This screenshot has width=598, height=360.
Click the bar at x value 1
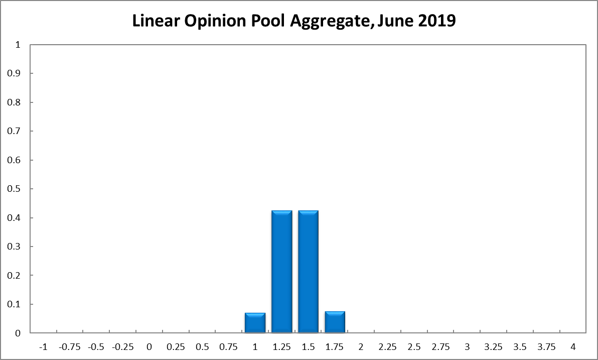pos(255,322)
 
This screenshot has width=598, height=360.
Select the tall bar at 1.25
pos(281,272)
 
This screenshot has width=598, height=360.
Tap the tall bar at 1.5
pos(308,272)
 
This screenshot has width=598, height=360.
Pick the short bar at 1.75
pos(335,322)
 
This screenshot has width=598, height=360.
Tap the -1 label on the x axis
pos(43,347)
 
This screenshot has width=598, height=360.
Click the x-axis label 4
pos(573,347)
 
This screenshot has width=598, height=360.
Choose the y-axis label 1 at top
pos(18,45)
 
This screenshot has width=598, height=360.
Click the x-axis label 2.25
pos(387,347)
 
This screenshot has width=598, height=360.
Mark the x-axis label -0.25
pos(122,347)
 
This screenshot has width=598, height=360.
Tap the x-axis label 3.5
pos(520,347)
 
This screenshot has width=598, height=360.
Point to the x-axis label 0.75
pos(228,347)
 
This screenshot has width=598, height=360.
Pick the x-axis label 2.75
pos(440,347)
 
